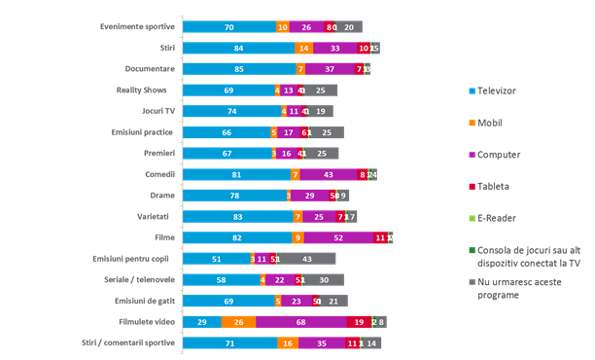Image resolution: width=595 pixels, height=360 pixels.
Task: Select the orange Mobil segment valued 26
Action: pos(238,322)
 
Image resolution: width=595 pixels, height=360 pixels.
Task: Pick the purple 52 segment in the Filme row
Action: pos(338,237)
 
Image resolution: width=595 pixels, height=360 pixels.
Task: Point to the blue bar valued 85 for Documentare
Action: pos(239,69)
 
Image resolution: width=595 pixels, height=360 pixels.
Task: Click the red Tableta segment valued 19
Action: pos(359,322)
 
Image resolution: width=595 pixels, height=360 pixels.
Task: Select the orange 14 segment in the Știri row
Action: pos(304,48)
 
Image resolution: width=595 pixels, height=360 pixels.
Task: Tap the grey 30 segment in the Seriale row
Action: pos(324,280)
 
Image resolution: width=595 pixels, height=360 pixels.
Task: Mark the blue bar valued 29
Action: pos(201,322)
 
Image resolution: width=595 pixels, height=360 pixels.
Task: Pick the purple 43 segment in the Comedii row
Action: pos(329,174)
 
